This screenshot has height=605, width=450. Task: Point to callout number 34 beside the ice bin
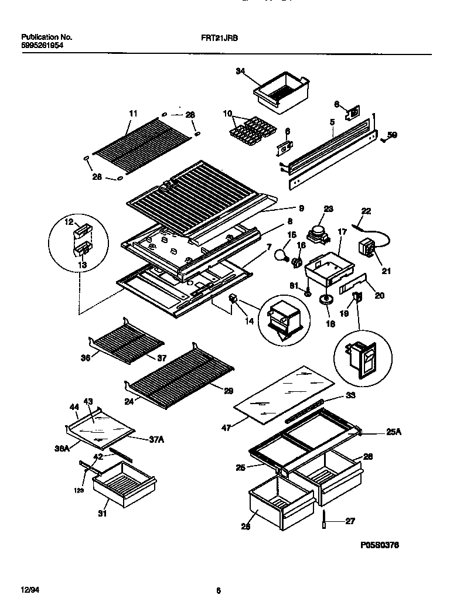[240, 71]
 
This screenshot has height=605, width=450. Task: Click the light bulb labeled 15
[282, 254]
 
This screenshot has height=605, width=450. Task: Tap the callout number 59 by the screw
[393, 136]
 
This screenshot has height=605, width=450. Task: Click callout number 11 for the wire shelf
[133, 113]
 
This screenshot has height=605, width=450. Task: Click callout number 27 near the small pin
[350, 521]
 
